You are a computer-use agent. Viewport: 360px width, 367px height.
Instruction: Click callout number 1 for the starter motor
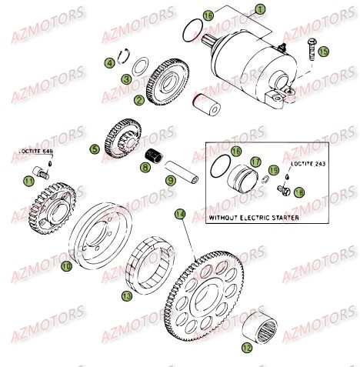coord(259,9)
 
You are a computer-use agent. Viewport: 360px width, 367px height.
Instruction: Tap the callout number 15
coord(324,52)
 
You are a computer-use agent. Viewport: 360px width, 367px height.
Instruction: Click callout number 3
coord(125,78)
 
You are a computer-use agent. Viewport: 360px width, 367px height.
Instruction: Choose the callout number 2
coord(138,99)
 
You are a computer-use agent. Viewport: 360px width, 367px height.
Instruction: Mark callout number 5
coord(94,150)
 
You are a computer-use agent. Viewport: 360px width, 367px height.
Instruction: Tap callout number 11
coord(28,180)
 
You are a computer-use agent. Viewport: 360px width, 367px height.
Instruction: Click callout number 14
coord(179,213)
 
